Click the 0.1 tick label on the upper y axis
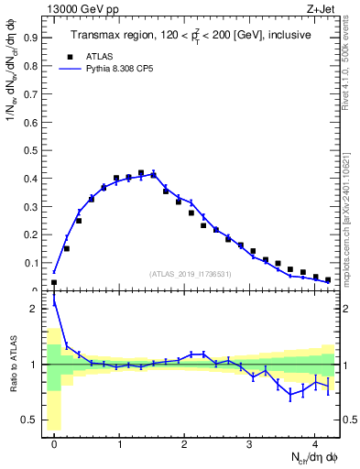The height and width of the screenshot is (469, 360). point(33,264)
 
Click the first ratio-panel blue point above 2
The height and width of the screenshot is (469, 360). point(54,303)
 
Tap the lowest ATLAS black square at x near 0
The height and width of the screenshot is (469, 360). point(54,282)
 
